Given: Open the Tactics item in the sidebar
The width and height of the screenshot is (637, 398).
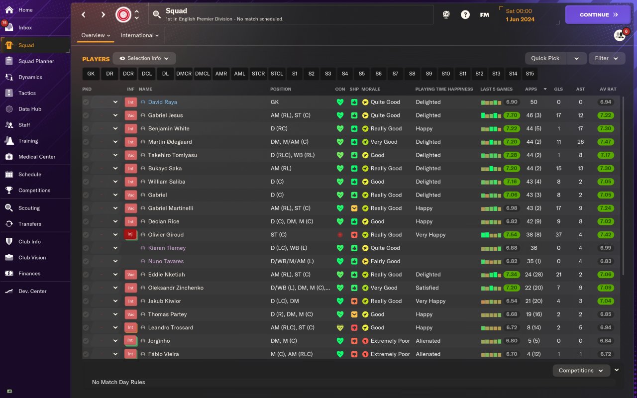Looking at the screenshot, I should [x=27, y=93].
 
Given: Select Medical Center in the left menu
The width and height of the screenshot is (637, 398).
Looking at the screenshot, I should [x=37, y=157].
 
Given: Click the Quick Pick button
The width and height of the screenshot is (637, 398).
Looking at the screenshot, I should [x=545, y=58].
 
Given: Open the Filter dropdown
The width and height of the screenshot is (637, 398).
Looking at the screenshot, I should [x=606, y=58].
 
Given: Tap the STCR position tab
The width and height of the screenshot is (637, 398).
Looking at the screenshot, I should [x=258, y=74].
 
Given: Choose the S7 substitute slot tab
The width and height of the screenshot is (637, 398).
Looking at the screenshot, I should [x=395, y=74].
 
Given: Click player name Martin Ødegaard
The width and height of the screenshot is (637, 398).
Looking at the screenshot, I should [x=170, y=142].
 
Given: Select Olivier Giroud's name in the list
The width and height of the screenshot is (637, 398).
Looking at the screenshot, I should [x=166, y=235].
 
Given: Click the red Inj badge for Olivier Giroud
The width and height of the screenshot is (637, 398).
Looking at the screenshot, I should [x=130, y=235].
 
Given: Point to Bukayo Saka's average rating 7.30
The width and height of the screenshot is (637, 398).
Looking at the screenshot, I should [x=606, y=169].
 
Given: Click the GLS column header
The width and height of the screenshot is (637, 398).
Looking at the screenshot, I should [x=558, y=89].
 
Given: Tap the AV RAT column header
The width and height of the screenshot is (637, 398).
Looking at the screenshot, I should [x=608, y=89].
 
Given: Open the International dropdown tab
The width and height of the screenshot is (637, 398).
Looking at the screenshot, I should [x=139, y=35].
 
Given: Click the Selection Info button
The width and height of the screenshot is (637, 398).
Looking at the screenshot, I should [x=144, y=58].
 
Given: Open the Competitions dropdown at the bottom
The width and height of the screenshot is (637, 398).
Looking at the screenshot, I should [x=581, y=371].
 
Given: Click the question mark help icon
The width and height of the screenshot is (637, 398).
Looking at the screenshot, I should [x=465, y=15].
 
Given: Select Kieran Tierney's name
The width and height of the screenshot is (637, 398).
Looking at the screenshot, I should [x=167, y=248].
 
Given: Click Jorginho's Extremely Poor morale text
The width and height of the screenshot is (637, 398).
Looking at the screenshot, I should [x=390, y=341].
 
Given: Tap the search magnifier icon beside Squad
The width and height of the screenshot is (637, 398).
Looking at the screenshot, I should [x=157, y=15].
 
